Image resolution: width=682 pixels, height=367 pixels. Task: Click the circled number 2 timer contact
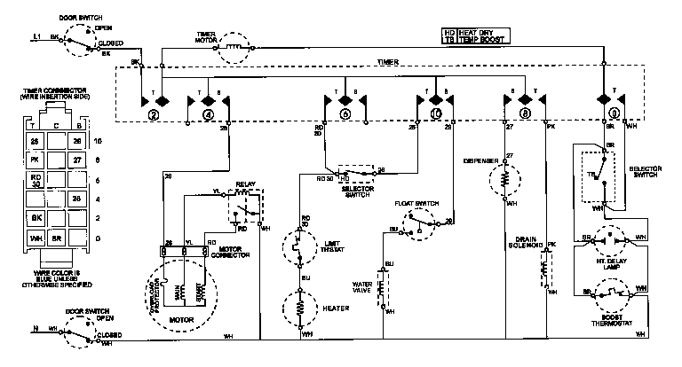tap(153, 114)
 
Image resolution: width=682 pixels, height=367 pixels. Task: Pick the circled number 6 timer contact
tap(345, 114)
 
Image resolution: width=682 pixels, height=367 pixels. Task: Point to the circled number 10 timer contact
tap(435, 114)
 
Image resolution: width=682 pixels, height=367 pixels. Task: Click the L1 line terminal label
tap(36, 37)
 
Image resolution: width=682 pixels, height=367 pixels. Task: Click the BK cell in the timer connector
tap(36, 216)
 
